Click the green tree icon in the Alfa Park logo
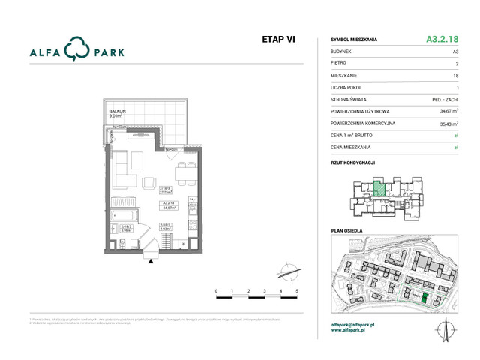(75, 50)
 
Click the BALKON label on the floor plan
(117, 111)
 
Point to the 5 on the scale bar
(297, 290)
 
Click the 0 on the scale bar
(216, 290)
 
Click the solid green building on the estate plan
(424, 298)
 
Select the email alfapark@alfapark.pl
(357, 324)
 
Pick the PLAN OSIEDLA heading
(347, 231)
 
